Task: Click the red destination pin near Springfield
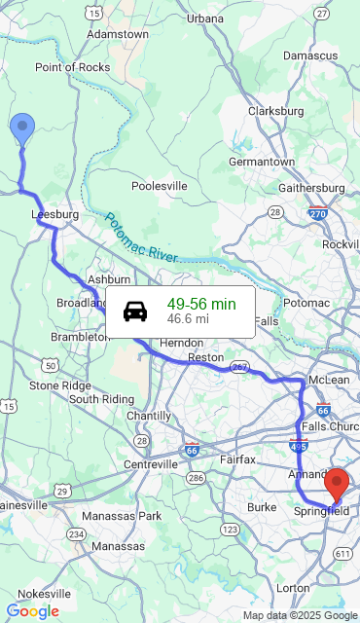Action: point(337,483)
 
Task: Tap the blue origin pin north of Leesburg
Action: point(21,128)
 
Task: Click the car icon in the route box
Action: point(135,311)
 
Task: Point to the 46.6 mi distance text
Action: point(188,318)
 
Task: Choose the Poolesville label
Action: point(160,186)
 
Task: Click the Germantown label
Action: point(262,162)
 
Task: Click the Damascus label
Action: point(310,57)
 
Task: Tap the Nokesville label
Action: point(44,593)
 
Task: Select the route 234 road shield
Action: point(77,534)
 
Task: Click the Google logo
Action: point(32,611)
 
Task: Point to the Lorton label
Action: point(293,588)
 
